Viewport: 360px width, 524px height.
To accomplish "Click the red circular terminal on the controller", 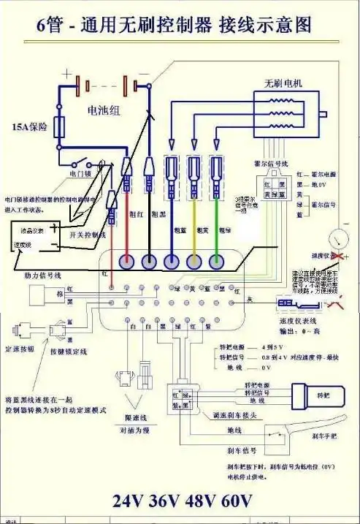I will [x=126, y=260].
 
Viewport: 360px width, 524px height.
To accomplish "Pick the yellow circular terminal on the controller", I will [x=194, y=260].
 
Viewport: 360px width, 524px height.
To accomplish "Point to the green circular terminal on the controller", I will [x=217, y=260].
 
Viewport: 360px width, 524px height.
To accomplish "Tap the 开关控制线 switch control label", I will [x=87, y=235].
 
